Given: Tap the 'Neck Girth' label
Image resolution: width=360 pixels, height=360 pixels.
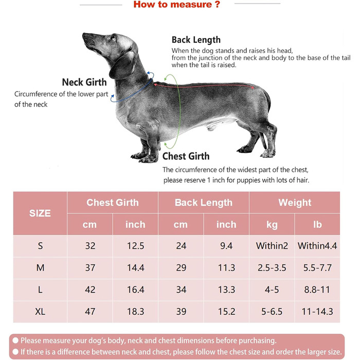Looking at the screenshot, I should coord(84,82).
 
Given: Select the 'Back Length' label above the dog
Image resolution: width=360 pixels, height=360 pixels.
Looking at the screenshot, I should coord(196,40).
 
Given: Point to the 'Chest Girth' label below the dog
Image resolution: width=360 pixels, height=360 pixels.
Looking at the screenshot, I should coord(186,156).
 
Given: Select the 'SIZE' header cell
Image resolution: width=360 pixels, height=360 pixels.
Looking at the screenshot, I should coord(41,213).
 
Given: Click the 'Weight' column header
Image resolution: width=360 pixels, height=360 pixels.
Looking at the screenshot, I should coord(295,203).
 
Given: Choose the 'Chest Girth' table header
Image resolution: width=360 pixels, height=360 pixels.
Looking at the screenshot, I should coord(113,203).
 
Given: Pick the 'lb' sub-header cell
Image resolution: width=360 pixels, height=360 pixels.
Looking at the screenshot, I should coord(317,225).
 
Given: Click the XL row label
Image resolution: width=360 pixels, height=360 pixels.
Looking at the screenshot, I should coord(41,312).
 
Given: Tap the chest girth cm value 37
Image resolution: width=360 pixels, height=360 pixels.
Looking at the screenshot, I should coord(90,268).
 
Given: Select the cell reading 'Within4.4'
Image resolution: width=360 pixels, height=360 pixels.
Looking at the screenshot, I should coord(317,246).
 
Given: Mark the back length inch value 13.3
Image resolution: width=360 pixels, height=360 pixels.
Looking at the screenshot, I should coord(226,290).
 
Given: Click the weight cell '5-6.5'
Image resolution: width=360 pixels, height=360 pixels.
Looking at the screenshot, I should coord(272,312).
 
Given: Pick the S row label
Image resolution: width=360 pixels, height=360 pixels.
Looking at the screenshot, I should coord(41,246).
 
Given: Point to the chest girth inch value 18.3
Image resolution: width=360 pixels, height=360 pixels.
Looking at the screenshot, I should coord(135,312).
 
